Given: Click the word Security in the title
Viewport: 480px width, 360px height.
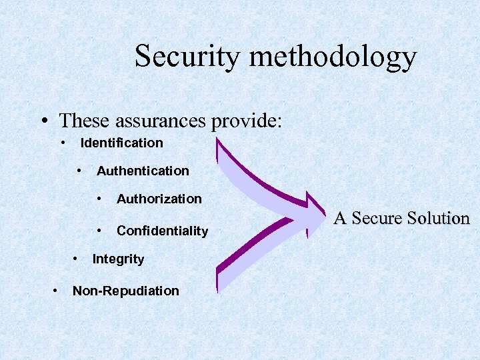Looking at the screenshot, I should tap(188, 57).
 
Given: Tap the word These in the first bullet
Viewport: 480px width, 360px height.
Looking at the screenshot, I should tap(85, 121).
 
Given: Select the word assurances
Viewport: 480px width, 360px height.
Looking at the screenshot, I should tap(162, 121).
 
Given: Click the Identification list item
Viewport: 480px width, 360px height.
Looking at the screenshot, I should tap(121, 143).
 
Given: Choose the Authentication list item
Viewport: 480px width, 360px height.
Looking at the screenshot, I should tap(143, 171).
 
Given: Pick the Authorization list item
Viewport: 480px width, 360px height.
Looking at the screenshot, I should tap(159, 199).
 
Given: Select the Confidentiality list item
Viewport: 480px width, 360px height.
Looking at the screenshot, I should tap(162, 231).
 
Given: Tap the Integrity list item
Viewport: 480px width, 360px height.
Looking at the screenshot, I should tap(118, 259).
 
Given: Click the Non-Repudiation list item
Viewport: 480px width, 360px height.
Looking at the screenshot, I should tap(125, 291).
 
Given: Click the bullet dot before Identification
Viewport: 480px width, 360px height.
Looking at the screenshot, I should tap(63, 142).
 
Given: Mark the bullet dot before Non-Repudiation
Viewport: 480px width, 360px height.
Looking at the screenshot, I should tap(55, 290).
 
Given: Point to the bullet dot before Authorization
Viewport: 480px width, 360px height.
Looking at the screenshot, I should tap(99, 198).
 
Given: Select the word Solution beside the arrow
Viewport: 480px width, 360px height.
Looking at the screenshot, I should tap(440, 218).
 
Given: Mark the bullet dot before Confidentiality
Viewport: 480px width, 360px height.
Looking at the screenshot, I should tap(99, 230).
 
